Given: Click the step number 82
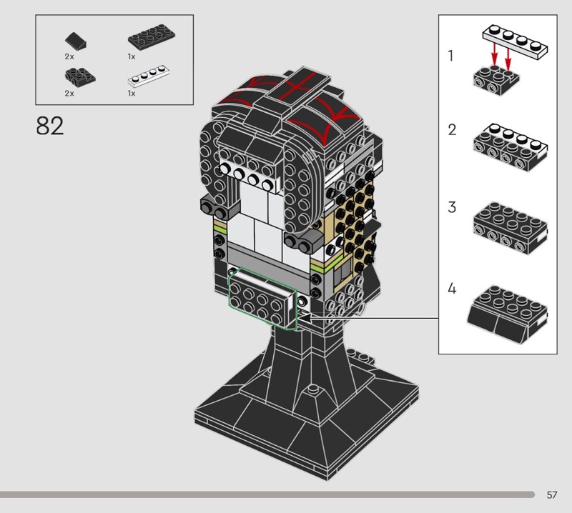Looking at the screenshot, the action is pyautogui.click(x=50, y=126).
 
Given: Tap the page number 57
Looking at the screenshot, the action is pyautogui.click(x=551, y=494).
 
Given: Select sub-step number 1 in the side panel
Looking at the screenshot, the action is pyautogui.click(x=451, y=56).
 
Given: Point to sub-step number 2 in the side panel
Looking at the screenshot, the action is pyautogui.click(x=452, y=130).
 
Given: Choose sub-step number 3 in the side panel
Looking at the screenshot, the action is pyautogui.click(x=452, y=207).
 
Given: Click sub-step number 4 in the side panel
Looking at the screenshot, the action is pyautogui.click(x=452, y=289).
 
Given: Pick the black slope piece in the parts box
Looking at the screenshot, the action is pyautogui.click(x=76, y=41).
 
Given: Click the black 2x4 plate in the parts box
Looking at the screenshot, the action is pyautogui.click(x=152, y=37).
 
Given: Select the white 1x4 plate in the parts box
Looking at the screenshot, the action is pyautogui.click(x=149, y=76).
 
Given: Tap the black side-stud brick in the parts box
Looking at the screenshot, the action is pyautogui.click(x=80, y=76).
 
